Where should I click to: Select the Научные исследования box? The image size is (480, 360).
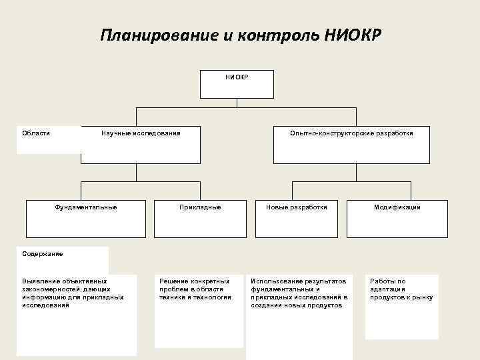tap(141, 145)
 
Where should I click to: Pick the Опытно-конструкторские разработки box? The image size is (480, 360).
tap(351, 145)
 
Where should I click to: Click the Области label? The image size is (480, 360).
tap(36, 133)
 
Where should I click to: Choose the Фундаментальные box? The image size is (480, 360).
tap(86, 218)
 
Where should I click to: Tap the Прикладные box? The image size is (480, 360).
tap(200, 218)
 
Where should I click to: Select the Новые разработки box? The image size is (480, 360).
tap(297, 218)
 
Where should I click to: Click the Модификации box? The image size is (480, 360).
tap(397, 218)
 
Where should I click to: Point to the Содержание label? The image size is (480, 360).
tap(43, 254)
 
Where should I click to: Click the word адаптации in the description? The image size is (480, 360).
tap(387, 289)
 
